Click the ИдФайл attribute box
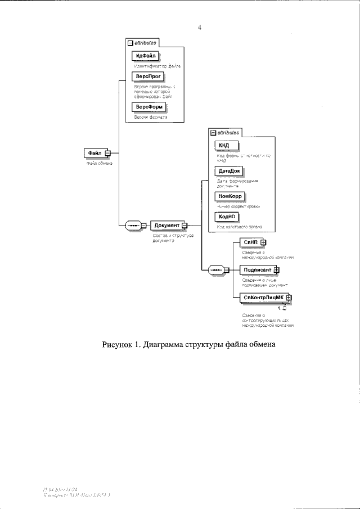[145, 56]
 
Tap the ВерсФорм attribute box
[150, 107]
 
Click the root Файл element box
[94, 152]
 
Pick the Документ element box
[167, 226]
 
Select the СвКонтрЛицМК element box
[262, 298]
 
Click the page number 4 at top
[200, 26]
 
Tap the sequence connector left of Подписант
[216, 270]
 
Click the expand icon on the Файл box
[107, 152]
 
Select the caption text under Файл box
[100, 163]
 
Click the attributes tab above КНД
[224, 133]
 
